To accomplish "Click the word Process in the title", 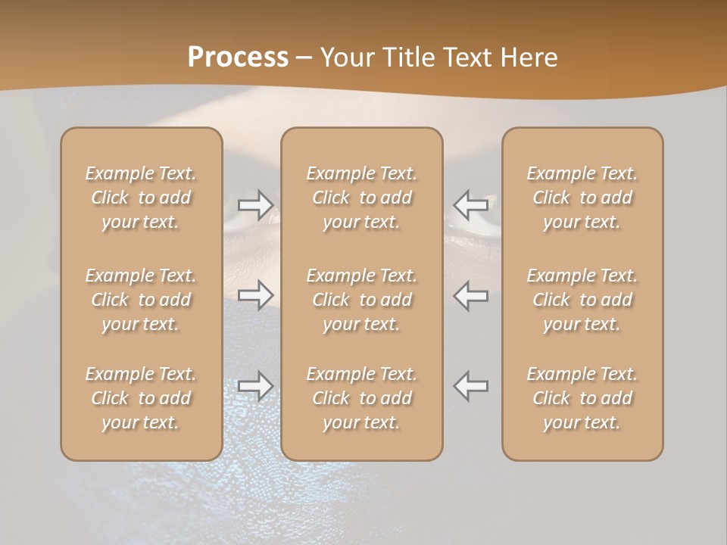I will (238, 57).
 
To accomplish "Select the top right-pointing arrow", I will (256, 204).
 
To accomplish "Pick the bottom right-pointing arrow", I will (256, 385).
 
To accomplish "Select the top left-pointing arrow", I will (470, 204).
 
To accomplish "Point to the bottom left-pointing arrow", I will (470, 385).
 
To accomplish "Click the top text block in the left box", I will (141, 198).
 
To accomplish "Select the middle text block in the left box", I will (141, 300).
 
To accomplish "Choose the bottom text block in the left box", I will (141, 398).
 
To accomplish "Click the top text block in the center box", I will (361, 198).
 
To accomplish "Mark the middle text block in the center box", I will (361, 300).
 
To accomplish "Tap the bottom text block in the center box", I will (361, 398).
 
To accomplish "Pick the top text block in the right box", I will (582, 198).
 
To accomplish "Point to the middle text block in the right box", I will (582, 300).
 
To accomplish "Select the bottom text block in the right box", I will (582, 398).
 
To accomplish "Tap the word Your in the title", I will (348, 57).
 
